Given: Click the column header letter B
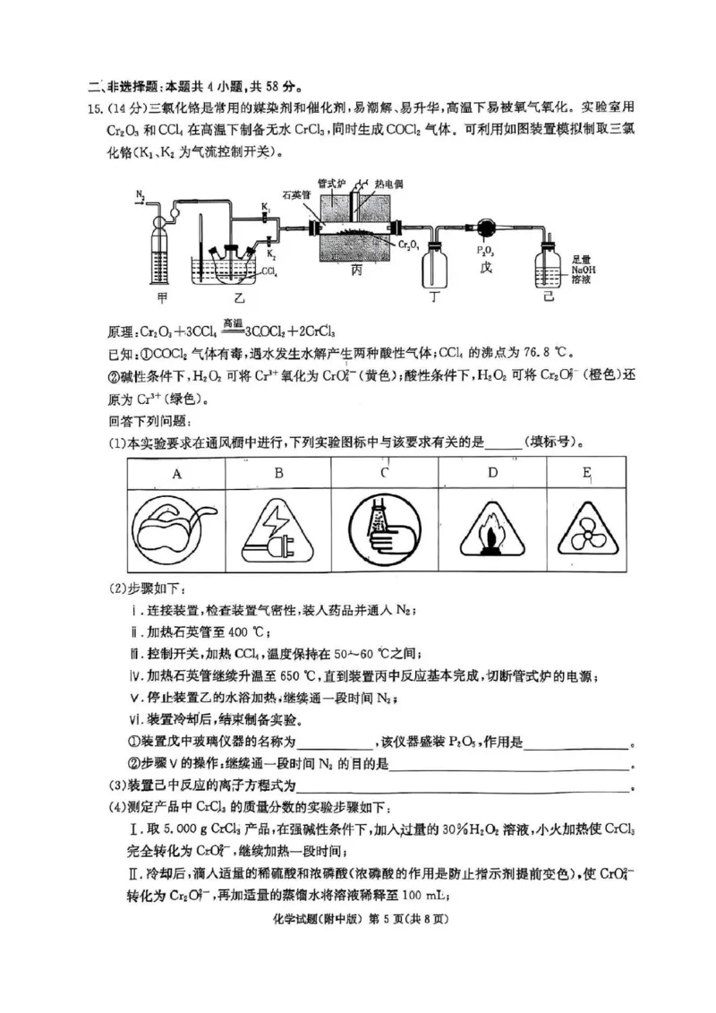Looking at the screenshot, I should (279, 474).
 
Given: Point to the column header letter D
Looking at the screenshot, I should (491, 474).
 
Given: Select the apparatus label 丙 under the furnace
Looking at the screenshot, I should (356, 269).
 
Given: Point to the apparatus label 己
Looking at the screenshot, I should (548, 295).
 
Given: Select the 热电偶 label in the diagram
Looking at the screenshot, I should (388, 183).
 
